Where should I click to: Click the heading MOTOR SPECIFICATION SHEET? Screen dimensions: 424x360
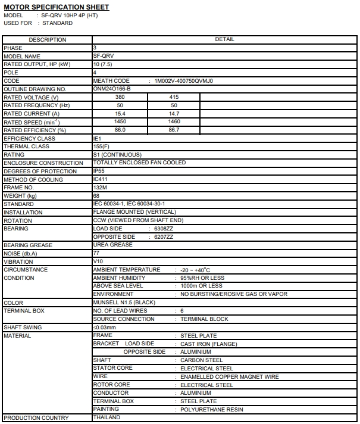(56, 7)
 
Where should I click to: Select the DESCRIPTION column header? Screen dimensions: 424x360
(48, 40)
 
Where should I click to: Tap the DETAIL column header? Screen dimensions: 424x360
(224, 39)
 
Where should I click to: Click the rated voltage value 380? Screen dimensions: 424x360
(120, 97)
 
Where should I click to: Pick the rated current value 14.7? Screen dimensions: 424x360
(174, 113)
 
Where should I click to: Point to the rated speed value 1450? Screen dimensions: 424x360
(120, 121)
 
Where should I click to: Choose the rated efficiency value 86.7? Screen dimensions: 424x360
(174, 130)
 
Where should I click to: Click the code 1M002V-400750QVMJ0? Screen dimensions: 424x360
(183, 80)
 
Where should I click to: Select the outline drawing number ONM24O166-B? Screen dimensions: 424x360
(112, 89)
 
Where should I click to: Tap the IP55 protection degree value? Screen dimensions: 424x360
(99, 171)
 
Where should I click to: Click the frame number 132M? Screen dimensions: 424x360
(100, 188)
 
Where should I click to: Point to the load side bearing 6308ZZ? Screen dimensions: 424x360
(164, 229)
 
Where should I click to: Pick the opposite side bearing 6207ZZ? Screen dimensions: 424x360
(164, 237)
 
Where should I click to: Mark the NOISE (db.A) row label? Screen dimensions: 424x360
(20, 254)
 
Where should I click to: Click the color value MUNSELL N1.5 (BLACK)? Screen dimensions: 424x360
(124, 303)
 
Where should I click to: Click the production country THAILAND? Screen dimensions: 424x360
(107, 417)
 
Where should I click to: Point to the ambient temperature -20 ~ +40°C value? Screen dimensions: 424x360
(199, 270)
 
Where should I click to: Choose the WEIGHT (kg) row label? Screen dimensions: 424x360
(20, 196)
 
